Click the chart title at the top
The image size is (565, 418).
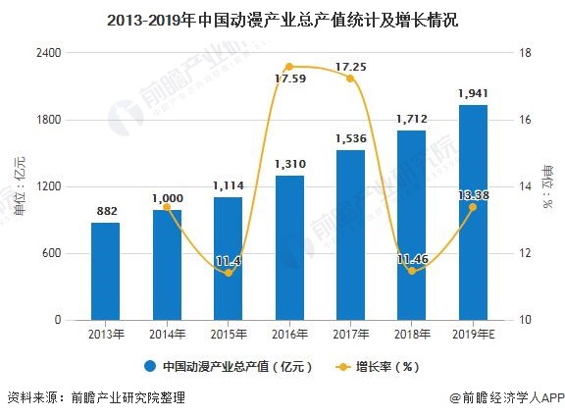282,19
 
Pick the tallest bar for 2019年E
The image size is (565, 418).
472,212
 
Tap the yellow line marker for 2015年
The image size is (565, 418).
229,273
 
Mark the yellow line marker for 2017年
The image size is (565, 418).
350,78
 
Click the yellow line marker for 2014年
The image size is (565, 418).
167,207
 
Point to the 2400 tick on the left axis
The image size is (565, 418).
48,53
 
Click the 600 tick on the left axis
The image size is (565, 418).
52,253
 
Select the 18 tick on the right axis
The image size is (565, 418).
525,53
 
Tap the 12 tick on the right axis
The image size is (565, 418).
525,253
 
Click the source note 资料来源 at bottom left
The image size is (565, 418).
95,398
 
